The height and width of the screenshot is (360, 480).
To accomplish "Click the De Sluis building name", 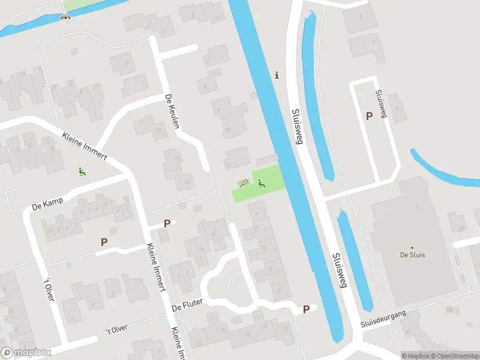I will click(412, 254).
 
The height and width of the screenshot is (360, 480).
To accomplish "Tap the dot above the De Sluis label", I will click(412, 247).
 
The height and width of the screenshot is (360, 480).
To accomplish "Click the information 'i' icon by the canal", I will click(277, 75).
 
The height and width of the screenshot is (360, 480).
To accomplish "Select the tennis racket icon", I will click(244, 182).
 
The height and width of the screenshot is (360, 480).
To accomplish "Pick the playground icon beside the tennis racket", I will click(261, 182).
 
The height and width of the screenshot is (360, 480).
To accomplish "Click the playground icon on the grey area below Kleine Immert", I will click(82, 172).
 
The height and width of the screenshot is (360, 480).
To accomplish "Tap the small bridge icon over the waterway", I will click(65, 16).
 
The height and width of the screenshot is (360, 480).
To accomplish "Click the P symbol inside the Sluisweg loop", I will click(369, 116).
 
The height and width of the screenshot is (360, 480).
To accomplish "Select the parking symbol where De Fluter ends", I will click(306, 310).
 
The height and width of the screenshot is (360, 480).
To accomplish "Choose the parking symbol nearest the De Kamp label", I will click(104, 242).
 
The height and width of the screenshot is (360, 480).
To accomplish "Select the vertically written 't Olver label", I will click(49, 289).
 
